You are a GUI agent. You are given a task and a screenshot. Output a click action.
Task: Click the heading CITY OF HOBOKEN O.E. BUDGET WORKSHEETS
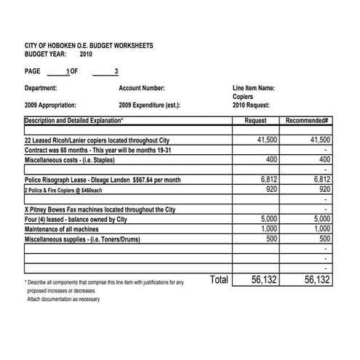tap(89, 45)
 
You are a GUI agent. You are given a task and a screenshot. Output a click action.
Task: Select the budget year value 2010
tap(87, 54)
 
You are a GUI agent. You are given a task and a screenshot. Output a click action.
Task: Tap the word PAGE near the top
tap(33, 71)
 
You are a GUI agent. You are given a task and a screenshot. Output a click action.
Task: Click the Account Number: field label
tap(141, 89)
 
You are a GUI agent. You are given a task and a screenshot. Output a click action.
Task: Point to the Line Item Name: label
tap(254, 89)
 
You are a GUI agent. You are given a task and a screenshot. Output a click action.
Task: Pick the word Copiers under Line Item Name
tap(243, 97)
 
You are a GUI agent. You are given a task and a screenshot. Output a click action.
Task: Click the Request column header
tap(256, 121)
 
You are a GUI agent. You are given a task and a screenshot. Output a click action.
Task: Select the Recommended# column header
tap(308, 121)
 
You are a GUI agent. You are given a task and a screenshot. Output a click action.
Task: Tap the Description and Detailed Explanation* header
tap(74, 121)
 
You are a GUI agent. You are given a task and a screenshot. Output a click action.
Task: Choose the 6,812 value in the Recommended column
tap(321, 179)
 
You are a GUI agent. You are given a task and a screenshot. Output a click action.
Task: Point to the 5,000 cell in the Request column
tap(268, 218)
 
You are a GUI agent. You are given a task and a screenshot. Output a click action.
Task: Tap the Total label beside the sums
tap(218, 279)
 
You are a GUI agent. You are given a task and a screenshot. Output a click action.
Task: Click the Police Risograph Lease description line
tap(103, 180)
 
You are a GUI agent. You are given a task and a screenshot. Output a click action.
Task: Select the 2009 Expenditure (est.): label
tap(150, 105)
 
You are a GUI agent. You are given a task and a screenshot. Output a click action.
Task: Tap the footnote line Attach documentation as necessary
tap(63, 298)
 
